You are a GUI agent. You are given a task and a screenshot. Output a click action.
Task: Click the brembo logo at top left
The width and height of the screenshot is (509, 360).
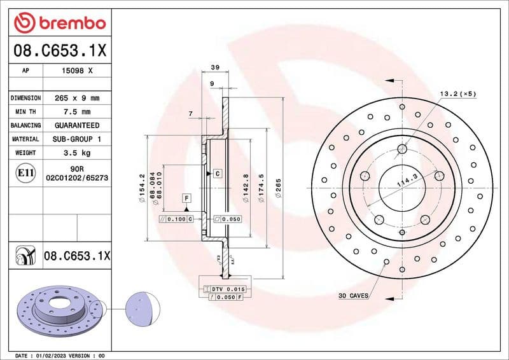click(x=59, y=24)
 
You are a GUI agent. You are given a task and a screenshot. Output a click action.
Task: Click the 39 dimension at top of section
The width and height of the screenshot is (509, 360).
click(x=215, y=67)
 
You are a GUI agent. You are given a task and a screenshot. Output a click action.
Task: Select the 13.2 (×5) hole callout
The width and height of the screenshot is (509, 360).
click(x=457, y=94)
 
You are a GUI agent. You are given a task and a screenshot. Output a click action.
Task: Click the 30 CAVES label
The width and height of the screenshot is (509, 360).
click(x=354, y=296)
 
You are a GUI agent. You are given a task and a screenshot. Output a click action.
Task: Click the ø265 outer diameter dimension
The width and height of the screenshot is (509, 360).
click(x=278, y=189)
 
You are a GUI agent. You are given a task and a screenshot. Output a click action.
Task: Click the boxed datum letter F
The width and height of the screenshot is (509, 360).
click(x=187, y=198)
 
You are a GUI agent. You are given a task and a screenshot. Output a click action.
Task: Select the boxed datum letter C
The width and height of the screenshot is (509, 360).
click(x=217, y=173)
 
